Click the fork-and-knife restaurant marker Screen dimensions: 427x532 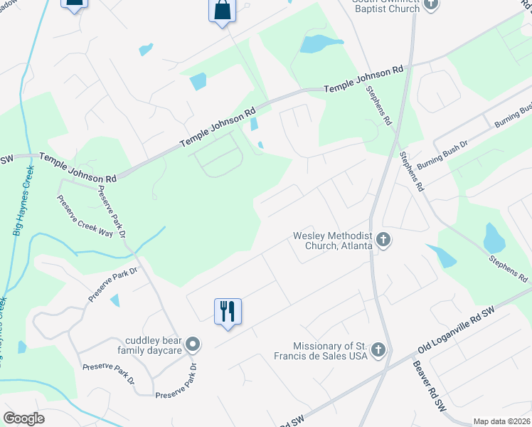click(228, 312)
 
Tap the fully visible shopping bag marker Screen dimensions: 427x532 click(223, 11)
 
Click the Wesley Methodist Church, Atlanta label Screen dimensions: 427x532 click(333, 241)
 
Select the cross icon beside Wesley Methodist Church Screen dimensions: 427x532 click(383, 240)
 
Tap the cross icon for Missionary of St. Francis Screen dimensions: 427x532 click(378, 350)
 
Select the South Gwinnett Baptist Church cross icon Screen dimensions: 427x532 click(430, 5)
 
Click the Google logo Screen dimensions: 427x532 click(24, 418)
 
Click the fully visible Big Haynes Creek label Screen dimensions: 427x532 click(23, 201)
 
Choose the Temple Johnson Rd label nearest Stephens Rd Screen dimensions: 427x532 click(363, 80)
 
